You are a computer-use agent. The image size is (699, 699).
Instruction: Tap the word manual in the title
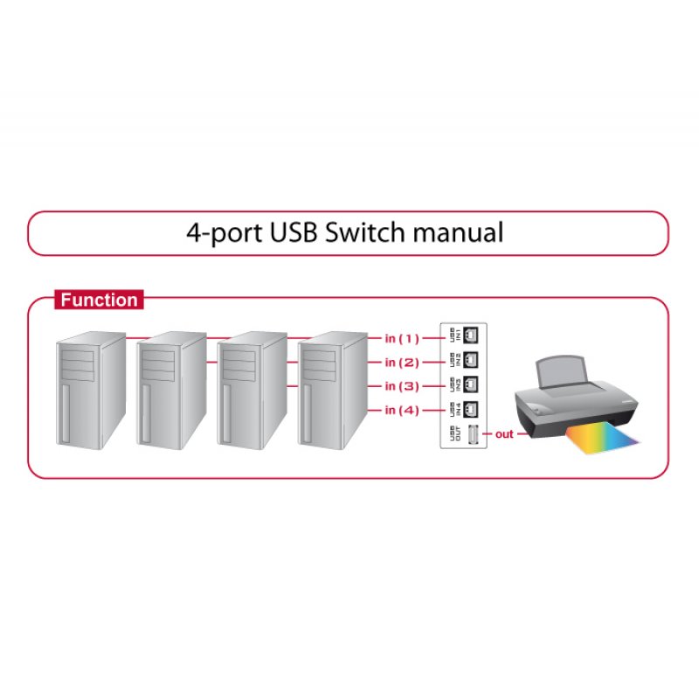460,233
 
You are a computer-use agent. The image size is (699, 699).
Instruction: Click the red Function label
99,301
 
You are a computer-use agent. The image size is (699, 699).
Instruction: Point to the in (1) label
402,337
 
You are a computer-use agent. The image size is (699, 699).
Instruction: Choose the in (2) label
402,362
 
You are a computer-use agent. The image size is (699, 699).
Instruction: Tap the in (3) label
402,385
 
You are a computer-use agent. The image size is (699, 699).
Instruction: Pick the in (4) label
402,410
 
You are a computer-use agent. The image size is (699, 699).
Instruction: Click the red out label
504,434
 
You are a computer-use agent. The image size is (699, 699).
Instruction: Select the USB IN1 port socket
472,335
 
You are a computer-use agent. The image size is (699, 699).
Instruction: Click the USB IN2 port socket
472,359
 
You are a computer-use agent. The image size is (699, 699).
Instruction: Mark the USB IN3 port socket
472,384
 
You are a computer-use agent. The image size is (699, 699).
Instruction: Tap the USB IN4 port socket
472,408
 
